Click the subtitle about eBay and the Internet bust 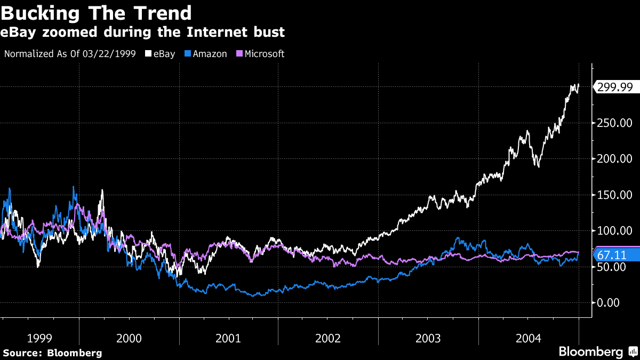(x=143, y=33)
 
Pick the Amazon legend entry (x=206, y=54)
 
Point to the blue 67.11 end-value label (x=617, y=255)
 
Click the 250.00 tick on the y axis (x=615, y=123)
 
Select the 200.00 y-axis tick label (x=615, y=159)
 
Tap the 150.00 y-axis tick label (x=615, y=195)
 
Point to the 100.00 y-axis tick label (x=615, y=231)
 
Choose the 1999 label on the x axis (x=39, y=338)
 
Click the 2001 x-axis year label (x=228, y=338)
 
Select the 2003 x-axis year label (x=428, y=338)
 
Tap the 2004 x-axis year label (x=528, y=338)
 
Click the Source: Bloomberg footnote (x=52, y=353)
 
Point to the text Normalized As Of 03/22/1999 (x=69, y=54)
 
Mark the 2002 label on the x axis (x=328, y=338)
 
